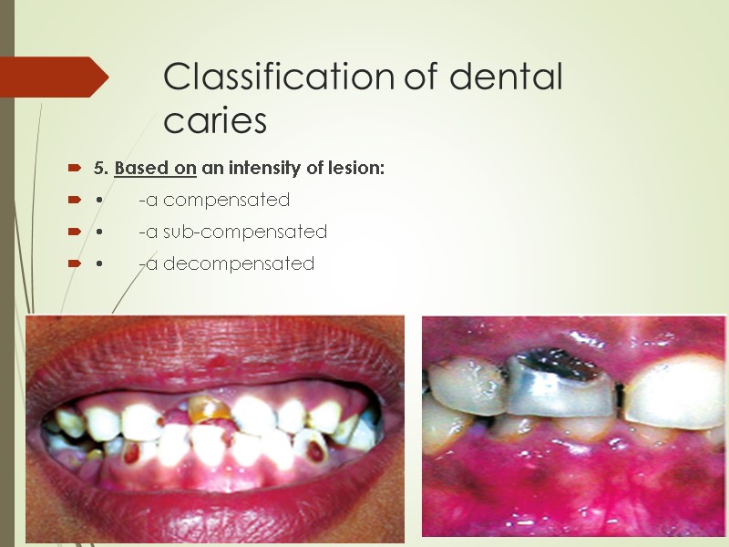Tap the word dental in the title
click(507, 78)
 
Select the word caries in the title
click(215, 121)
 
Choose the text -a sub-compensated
click(232, 232)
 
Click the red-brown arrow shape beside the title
click(55, 77)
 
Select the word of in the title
click(421, 78)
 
